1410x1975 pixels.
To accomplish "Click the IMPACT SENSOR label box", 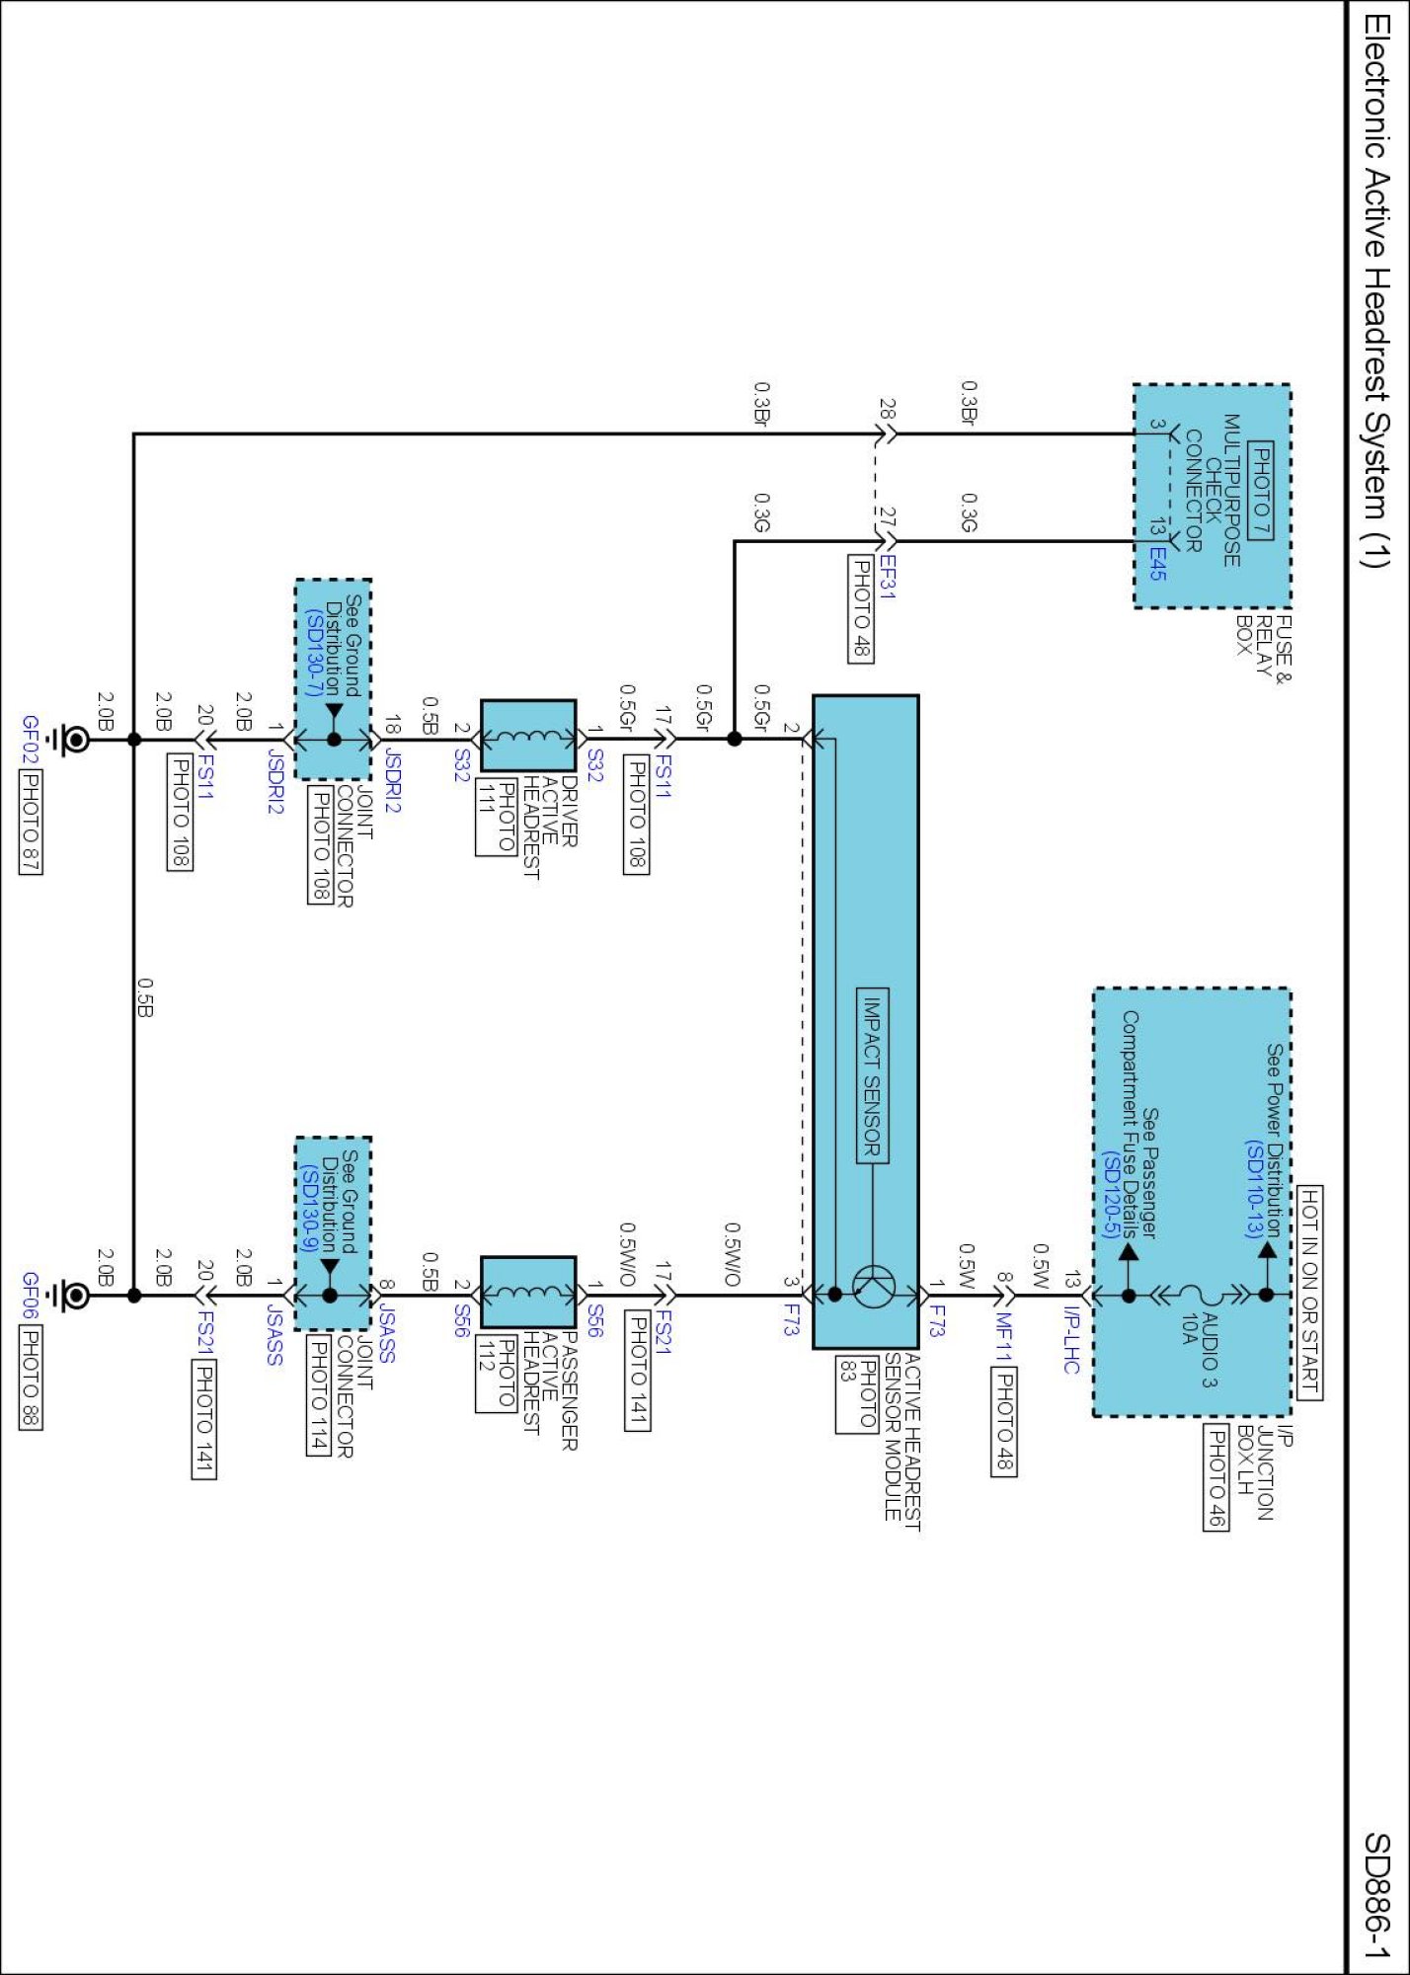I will pyautogui.click(x=872, y=1075).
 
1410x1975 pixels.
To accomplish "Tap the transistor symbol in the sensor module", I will pyautogui.click(x=873, y=1286).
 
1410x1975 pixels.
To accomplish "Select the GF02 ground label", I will pyautogui.click(x=31, y=737).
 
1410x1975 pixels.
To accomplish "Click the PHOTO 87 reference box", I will pyautogui.click(x=31, y=822).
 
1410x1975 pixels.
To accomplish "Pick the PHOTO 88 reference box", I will pyautogui.click(x=31, y=1378).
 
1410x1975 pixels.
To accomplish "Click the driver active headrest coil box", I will pyautogui.click(x=528, y=736).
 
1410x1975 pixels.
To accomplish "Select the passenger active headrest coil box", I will pyautogui.click(x=528, y=1292).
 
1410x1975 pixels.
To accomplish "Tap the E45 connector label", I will pyautogui.click(x=1157, y=562).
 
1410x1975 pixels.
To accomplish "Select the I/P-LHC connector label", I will pyautogui.click(x=1072, y=1339).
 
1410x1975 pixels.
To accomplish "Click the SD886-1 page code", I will pyautogui.click(x=1376, y=1896).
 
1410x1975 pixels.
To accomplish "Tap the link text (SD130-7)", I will pyautogui.click(x=313, y=652).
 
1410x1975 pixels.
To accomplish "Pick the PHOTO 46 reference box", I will pyautogui.click(x=1216, y=1476).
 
